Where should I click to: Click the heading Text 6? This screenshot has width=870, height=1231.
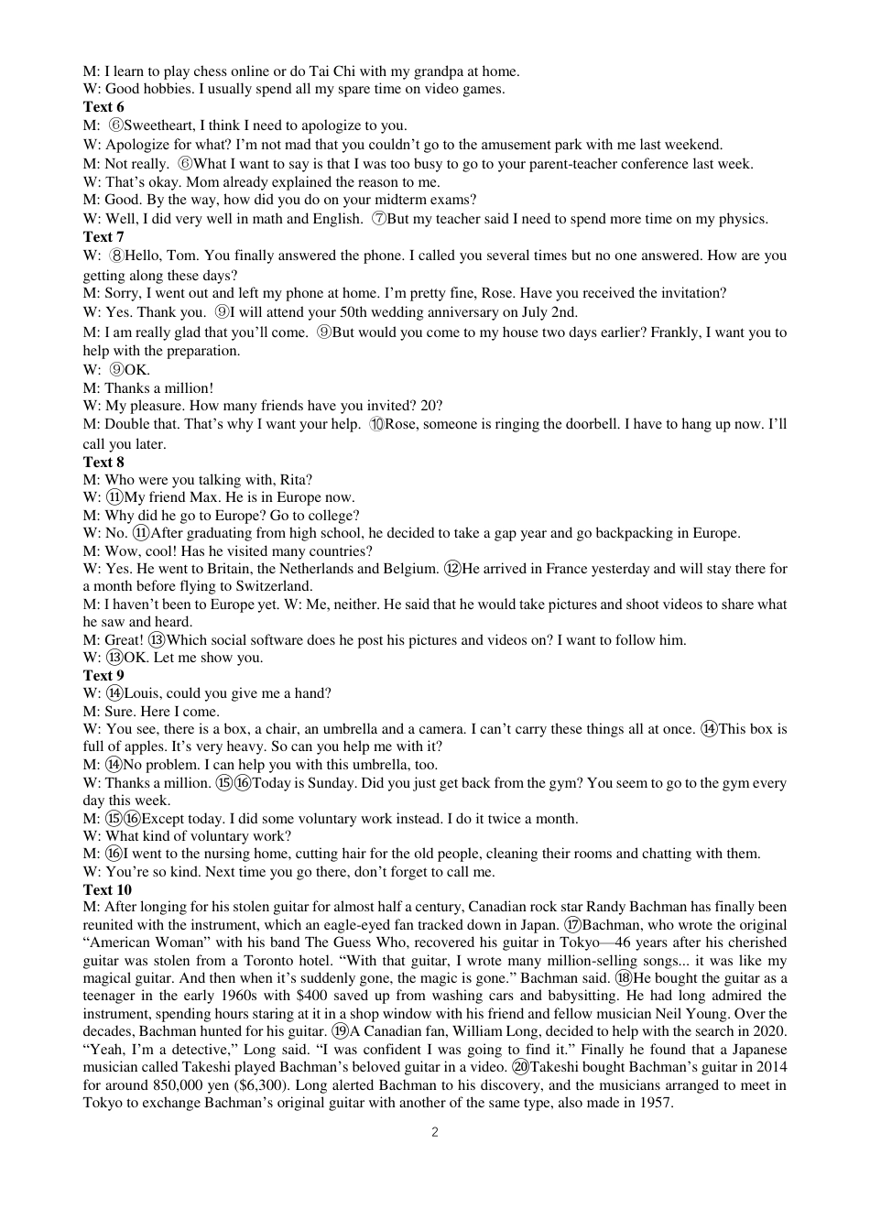click(x=103, y=107)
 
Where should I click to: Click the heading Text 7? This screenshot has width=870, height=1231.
click(x=103, y=237)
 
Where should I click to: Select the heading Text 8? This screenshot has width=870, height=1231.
click(x=103, y=463)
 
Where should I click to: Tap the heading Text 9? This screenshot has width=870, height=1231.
click(x=103, y=676)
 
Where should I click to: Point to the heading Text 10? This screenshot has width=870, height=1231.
click(x=107, y=890)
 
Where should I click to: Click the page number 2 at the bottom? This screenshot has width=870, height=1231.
click(x=435, y=1132)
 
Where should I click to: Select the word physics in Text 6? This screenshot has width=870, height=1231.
click(x=743, y=219)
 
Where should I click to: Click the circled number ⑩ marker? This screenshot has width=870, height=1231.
click(x=377, y=425)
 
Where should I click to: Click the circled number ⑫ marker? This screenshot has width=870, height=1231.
click(x=451, y=569)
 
